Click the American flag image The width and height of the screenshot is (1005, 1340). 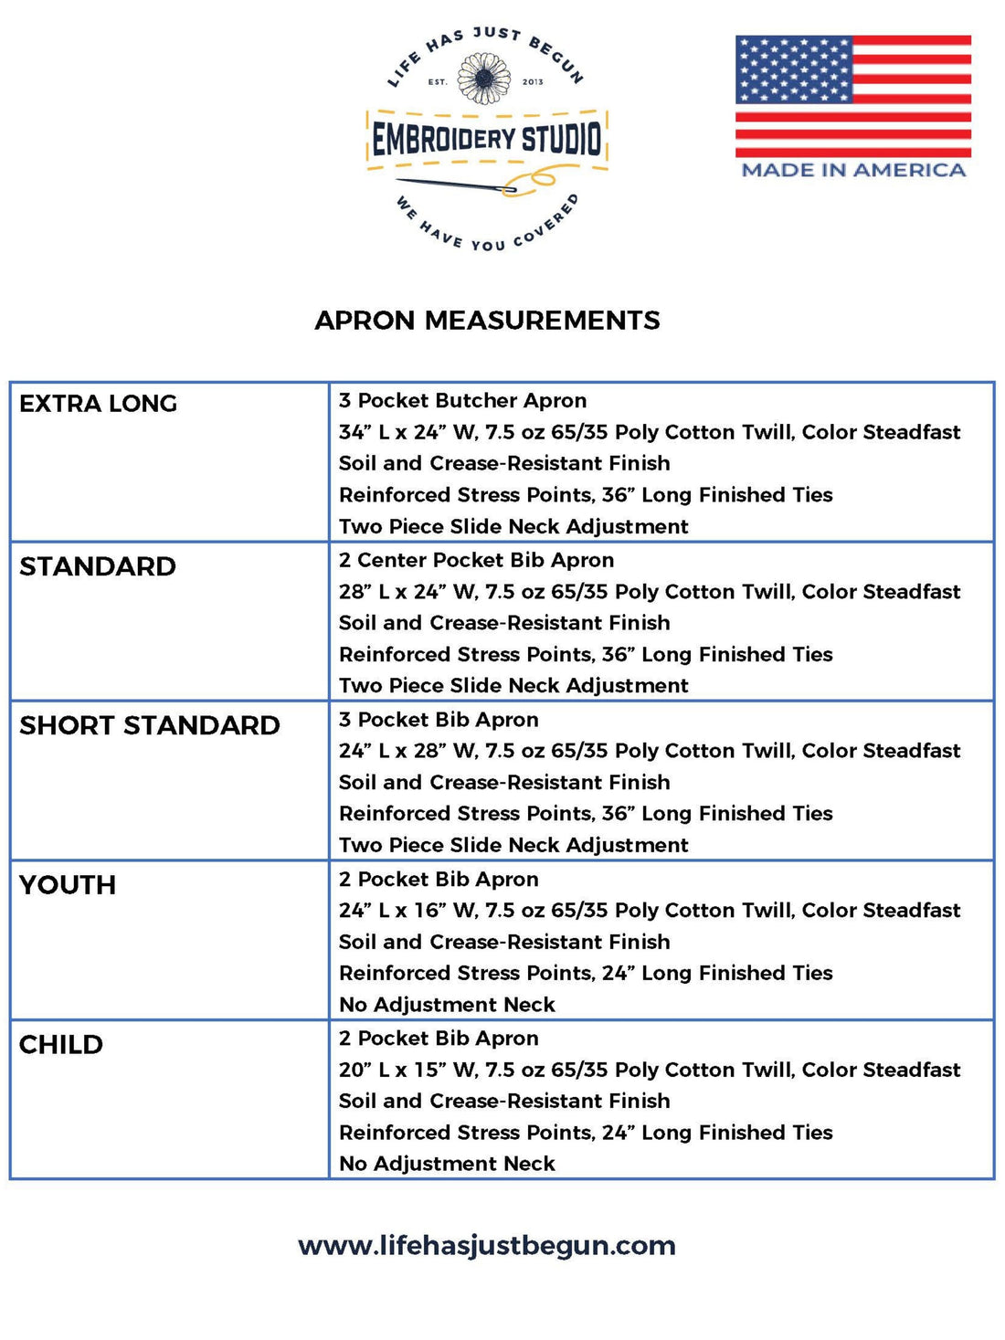(x=853, y=96)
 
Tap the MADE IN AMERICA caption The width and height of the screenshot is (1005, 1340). (x=853, y=170)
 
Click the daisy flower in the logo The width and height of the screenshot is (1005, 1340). (x=484, y=79)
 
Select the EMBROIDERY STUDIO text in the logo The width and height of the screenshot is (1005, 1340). (x=487, y=140)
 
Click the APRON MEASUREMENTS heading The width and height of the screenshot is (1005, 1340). (x=487, y=321)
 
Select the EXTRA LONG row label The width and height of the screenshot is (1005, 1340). (x=98, y=404)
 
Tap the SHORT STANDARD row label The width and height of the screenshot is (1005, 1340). (x=150, y=725)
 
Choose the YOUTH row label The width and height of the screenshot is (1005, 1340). (x=68, y=885)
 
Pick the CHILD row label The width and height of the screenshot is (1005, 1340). (x=61, y=1044)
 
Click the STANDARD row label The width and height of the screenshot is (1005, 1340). (x=98, y=566)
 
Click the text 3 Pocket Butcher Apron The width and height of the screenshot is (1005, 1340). (x=462, y=401)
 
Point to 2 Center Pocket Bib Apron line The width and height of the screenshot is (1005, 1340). (x=476, y=560)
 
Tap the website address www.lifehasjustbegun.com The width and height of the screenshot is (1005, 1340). (x=487, y=1246)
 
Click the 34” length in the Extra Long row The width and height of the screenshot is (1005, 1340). (x=353, y=432)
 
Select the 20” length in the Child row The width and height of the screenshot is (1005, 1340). (x=353, y=1070)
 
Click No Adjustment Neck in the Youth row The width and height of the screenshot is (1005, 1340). (x=447, y=1005)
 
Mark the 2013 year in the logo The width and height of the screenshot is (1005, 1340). (x=533, y=82)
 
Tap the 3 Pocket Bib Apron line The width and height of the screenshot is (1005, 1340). (x=439, y=720)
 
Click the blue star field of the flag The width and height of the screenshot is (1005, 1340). (x=793, y=69)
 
